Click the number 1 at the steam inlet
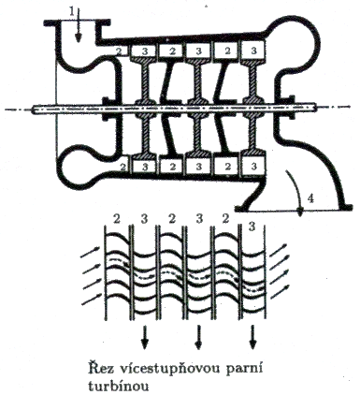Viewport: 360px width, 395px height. (72, 12)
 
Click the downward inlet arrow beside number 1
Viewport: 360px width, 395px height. (79, 25)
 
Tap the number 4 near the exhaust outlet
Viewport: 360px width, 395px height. (310, 198)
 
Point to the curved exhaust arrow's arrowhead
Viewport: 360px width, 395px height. (300, 212)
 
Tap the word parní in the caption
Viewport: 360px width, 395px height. (246, 369)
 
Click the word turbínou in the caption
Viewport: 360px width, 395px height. (118, 386)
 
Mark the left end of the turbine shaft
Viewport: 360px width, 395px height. (33, 109)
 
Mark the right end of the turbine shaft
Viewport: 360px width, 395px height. (316, 108)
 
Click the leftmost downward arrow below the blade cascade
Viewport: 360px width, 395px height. (144, 337)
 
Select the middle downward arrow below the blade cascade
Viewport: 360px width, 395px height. (198, 337)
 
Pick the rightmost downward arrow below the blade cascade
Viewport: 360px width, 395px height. (252, 337)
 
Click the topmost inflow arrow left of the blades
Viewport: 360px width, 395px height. (90, 252)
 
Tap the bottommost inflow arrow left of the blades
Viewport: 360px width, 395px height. (92, 299)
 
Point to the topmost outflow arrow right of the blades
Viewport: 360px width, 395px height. (277, 250)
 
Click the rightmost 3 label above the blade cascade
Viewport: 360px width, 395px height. (252, 227)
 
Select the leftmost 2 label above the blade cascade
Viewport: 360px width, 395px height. (117, 219)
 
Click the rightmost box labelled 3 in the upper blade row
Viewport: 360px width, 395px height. (253, 50)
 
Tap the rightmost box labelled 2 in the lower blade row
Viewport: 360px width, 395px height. (227, 166)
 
